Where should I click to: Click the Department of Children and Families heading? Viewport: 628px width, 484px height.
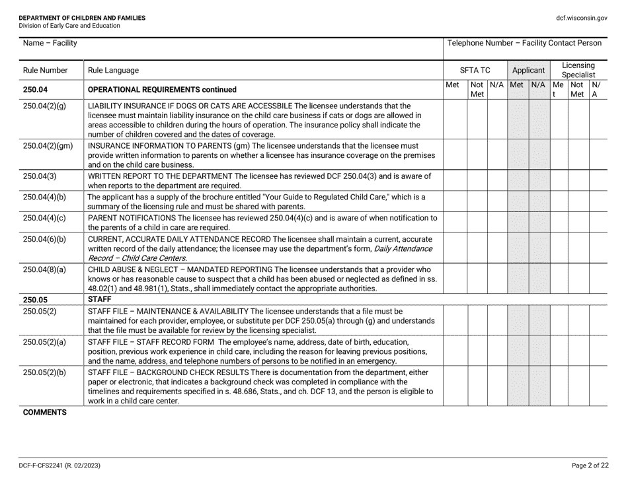(x=82, y=18)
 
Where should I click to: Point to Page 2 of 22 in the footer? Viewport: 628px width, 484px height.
(x=590, y=465)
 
